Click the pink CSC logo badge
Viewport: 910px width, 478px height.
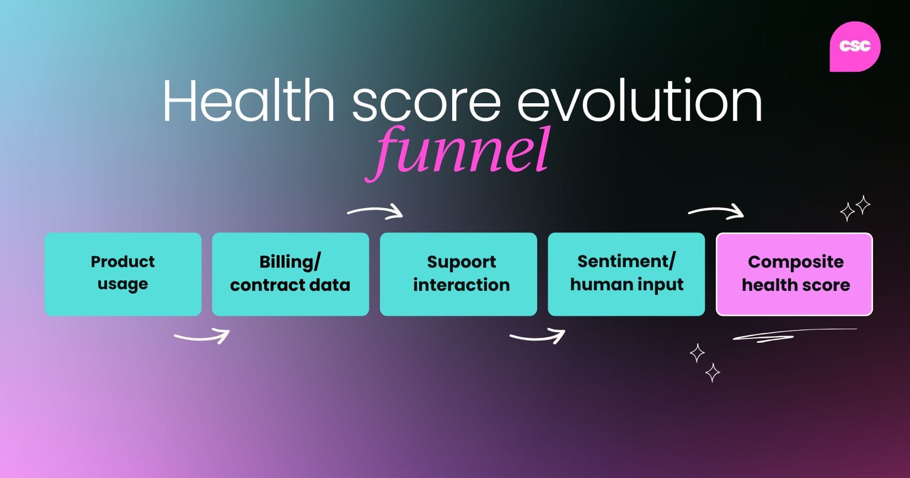(854, 47)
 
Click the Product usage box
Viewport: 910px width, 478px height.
(122, 274)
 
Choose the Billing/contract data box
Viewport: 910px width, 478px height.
(290, 274)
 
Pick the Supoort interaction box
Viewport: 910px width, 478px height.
(458, 274)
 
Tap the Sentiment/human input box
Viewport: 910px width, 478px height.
(626, 274)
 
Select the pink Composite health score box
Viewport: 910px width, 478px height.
(794, 274)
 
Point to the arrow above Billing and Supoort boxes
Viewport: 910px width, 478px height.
(376, 211)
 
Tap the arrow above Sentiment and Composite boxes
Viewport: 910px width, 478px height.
(716, 211)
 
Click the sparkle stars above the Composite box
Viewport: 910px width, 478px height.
(855, 208)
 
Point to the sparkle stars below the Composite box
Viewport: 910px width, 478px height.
(705, 363)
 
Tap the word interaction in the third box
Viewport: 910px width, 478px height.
(461, 285)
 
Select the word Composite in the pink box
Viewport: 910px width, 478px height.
(795, 262)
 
